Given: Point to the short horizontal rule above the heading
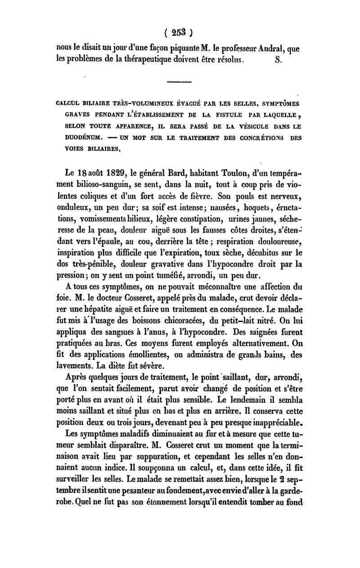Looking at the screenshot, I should point(179,81).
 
